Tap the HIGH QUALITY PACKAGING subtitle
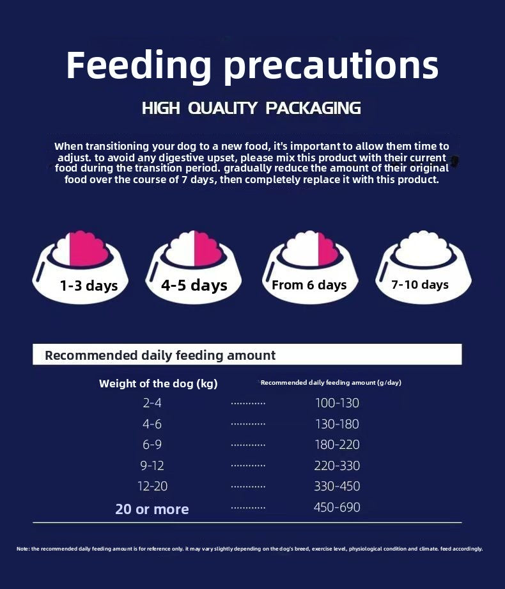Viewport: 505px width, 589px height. tap(251, 108)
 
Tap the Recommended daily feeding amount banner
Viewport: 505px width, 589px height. tap(247, 355)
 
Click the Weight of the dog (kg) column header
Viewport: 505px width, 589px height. tap(159, 383)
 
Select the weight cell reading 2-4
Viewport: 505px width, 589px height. tap(152, 403)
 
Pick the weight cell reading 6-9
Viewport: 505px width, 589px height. tap(152, 445)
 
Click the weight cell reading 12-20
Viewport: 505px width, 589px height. tap(152, 487)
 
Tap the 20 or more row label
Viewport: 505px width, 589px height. tap(152, 510)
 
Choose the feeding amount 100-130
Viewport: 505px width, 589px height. tap(337, 403)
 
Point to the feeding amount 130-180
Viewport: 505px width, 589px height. tap(337, 424)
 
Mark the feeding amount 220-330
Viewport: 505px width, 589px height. tap(337, 465)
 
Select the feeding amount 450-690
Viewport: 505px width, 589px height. tap(337, 508)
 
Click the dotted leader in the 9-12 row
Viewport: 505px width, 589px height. tap(248, 465)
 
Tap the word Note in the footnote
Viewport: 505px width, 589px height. tap(22, 549)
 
